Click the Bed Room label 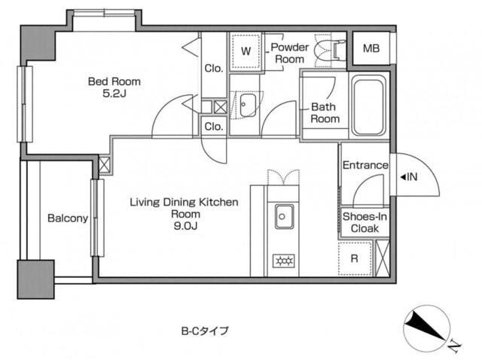coord(115,81)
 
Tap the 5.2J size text coord(115,95)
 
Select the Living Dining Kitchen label coord(184,202)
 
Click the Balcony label coord(68,219)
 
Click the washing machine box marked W coord(246,51)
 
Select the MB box coord(371,50)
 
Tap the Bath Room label coord(325,113)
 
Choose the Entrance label coord(365,166)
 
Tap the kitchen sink coord(285,217)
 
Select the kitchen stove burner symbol coord(285,261)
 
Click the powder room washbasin coord(246,105)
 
